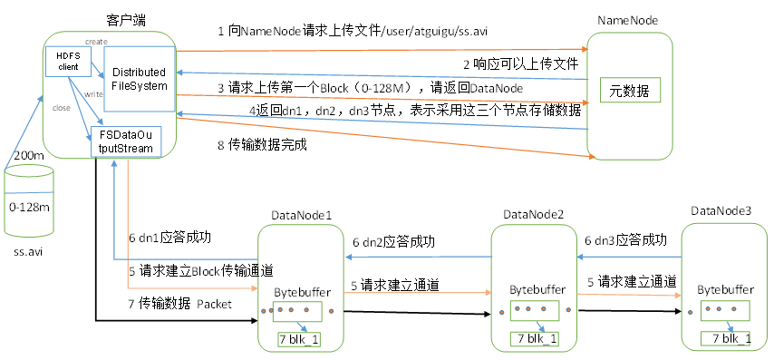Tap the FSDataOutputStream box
point(125,142)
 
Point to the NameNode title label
point(627,20)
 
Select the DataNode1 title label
point(302,215)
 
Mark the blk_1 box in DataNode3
point(725,338)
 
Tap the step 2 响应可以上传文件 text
point(521,63)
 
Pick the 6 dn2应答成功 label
point(394,242)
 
